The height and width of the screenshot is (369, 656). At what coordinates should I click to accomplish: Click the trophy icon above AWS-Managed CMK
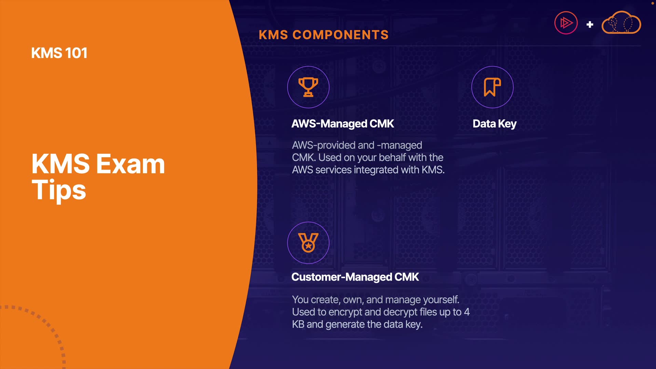[308, 87]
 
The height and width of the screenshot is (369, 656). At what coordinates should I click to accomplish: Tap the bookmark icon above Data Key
[492, 87]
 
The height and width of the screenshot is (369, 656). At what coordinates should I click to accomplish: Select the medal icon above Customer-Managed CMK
[308, 243]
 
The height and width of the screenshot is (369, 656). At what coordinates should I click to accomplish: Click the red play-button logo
[566, 23]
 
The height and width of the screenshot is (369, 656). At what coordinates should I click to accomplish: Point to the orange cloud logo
[621, 23]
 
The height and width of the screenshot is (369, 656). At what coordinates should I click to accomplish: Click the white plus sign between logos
[590, 25]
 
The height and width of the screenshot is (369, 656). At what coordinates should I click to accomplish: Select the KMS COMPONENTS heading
[324, 35]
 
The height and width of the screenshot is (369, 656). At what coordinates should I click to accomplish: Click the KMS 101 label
[59, 53]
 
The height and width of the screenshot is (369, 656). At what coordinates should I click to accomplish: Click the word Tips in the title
[59, 190]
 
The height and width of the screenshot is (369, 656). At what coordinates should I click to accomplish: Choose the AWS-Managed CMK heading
[342, 124]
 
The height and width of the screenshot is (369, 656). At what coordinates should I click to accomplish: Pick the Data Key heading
[494, 124]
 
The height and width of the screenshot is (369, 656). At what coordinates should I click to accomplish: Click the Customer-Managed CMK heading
[355, 277]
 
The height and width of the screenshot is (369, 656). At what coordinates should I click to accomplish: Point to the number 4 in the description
[467, 312]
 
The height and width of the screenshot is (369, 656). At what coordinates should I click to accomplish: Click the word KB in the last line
[298, 324]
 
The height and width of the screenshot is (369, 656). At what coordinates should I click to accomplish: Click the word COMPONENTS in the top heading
[341, 35]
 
